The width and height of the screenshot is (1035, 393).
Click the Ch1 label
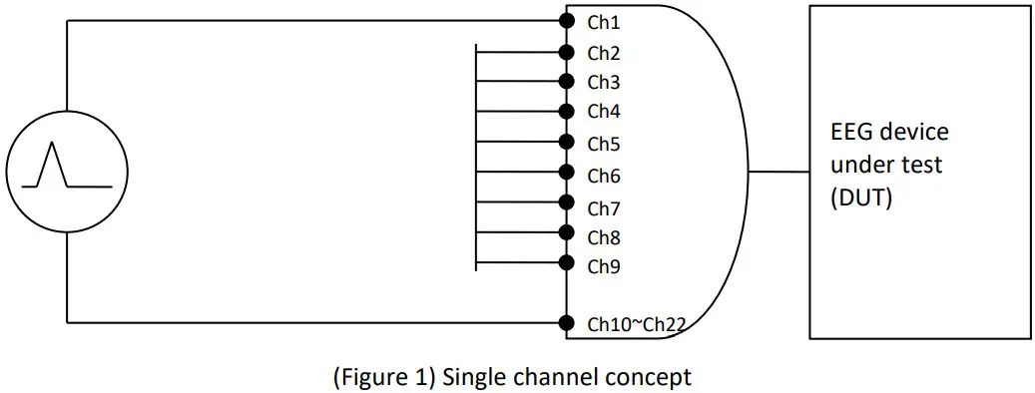pyautogui.click(x=604, y=22)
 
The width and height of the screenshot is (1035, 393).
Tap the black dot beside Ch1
pyautogui.click(x=567, y=20)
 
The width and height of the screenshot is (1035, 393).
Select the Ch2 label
pyautogui.click(x=604, y=52)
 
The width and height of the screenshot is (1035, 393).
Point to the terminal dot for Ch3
pyautogui.click(x=567, y=81)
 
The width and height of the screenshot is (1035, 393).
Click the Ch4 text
pyautogui.click(x=604, y=111)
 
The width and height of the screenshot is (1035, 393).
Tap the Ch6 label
pyautogui.click(x=604, y=177)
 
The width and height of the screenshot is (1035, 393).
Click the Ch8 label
pyautogui.click(x=604, y=237)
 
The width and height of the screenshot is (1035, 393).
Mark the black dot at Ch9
pyautogui.click(x=567, y=263)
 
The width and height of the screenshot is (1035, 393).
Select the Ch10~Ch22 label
pyautogui.click(x=634, y=323)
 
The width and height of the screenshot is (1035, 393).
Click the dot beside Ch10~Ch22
pyautogui.click(x=567, y=322)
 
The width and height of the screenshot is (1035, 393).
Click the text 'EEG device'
pyautogui.click(x=889, y=133)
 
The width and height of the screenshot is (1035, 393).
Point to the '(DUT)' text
pyautogui.click(x=860, y=198)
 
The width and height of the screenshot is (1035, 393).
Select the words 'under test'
pyautogui.click(x=886, y=166)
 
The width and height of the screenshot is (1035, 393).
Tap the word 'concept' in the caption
pyautogui.click(x=656, y=377)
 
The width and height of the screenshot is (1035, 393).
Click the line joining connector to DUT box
pyautogui.click(x=778, y=172)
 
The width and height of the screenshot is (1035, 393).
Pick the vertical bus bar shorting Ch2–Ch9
pyautogui.click(x=477, y=157)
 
